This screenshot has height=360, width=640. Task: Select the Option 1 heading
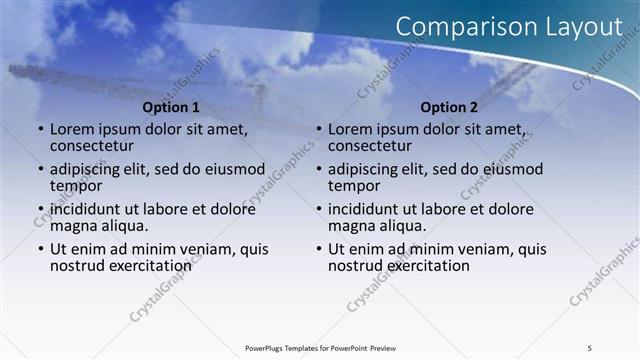(171, 107)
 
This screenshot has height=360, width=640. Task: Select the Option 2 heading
(449, 107)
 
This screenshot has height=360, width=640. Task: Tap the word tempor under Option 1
(75, 186)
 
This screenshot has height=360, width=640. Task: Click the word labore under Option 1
(189, 209)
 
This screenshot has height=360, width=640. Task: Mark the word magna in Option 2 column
(351, 226)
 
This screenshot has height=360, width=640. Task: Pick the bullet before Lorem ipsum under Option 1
(41, 130)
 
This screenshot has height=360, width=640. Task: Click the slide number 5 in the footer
(589, 347)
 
